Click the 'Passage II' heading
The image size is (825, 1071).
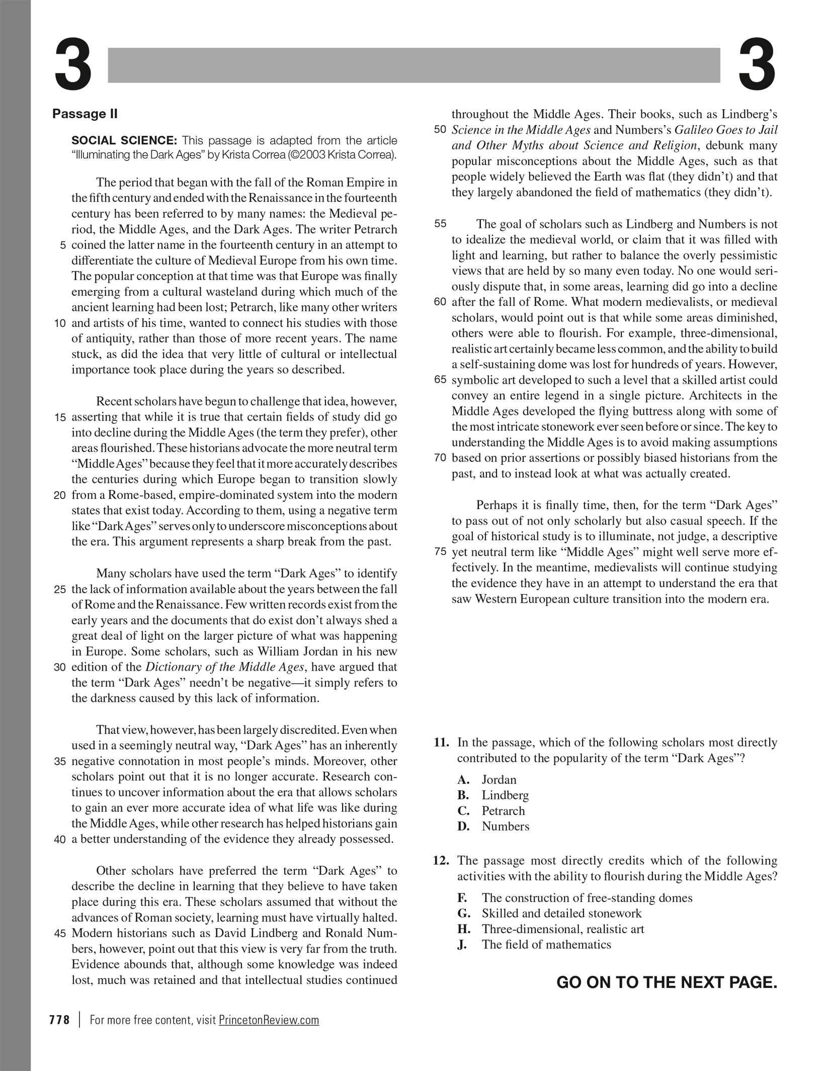pos(85,114)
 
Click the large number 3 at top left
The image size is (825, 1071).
pos(73,66)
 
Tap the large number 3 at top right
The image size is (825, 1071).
pos(757,66)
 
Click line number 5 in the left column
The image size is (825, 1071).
pos(63,245)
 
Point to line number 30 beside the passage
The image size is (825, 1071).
pos(60,668)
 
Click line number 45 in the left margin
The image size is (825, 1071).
pos(60,934)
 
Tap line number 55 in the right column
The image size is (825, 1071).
pos(440,224)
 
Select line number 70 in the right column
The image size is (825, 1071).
pos(440,458)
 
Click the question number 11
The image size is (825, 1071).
pos(441,743)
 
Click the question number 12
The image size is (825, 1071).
pos(441,860)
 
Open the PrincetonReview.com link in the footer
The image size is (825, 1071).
pos(269,1020)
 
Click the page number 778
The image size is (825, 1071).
pos(59,1020)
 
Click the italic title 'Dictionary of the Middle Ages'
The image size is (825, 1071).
pos(225,668)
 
